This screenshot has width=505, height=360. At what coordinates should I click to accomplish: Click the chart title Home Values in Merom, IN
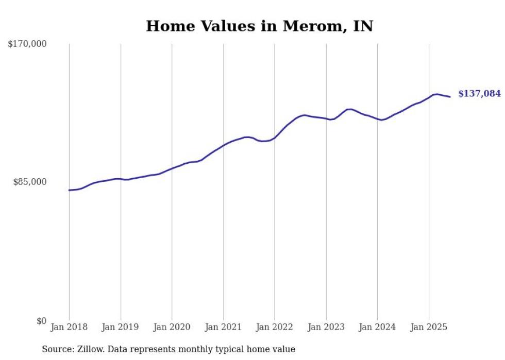(x=259, y=26)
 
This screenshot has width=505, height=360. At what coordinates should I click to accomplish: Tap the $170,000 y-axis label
(x=27, y=44)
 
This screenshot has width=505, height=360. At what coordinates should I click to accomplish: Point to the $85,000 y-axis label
(x=29, y=182)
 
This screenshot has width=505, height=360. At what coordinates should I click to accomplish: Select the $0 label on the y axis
(x=41, y=321)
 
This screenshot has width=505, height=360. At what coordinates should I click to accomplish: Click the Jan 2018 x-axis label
(x=69, y=327)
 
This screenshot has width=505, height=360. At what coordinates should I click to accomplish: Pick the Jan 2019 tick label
(x=121, y=327)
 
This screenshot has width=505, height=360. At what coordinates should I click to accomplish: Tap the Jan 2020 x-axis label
(x=172, y=327)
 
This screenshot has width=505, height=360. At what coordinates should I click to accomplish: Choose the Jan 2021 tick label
(x=223, y=327)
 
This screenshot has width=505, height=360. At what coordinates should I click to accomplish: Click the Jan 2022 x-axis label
(x=275, y=327)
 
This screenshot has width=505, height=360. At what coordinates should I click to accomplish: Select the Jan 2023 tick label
(x=326, y=327)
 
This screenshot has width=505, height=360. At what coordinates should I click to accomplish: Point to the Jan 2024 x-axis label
(x=377, y=327)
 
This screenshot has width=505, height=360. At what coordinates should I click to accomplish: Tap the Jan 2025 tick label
(x=429, y=327)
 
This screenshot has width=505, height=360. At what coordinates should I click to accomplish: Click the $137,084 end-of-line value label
(x=479, y=94)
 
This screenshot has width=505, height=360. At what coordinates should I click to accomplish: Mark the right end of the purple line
(x=450, y=97)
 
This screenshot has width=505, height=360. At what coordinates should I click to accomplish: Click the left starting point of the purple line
(x=69, y=190)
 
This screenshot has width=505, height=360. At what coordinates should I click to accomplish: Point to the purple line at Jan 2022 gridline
(x=275, y=138)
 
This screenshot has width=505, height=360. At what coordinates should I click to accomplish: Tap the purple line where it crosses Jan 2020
(x=172, y=168)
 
